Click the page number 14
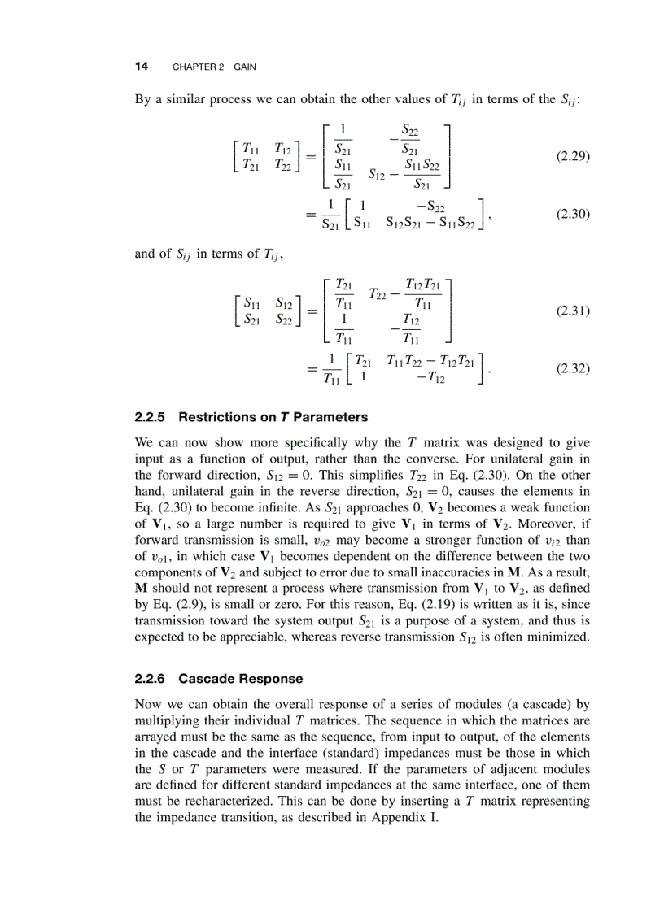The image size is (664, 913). coord(141,67)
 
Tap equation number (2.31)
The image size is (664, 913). coord(573,311)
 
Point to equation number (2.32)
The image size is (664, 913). coord(573,368)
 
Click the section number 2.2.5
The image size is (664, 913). coord(151,417)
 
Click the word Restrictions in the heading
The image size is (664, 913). coord(214,417)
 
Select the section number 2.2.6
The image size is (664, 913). coord(151,678)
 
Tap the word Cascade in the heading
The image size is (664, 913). coord(204,678)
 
